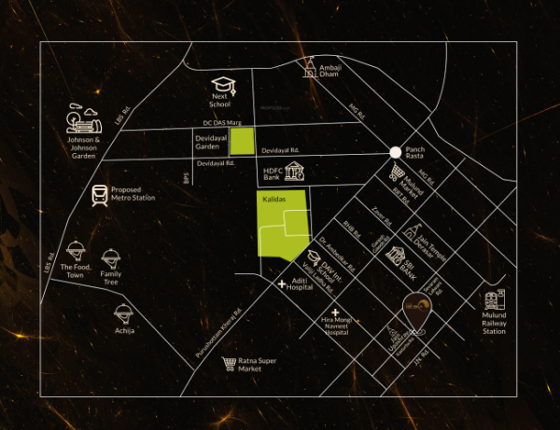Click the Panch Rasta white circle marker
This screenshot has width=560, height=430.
(x=396, y=152)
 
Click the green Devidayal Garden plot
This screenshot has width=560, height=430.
(x=243, y=142)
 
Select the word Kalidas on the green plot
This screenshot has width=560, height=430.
(x=273, y=201)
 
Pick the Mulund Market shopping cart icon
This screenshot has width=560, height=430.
(x=399, y=173)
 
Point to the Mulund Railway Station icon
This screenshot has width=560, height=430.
(x=493, y=300)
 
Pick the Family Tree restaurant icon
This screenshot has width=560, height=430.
(x=111, y=257)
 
